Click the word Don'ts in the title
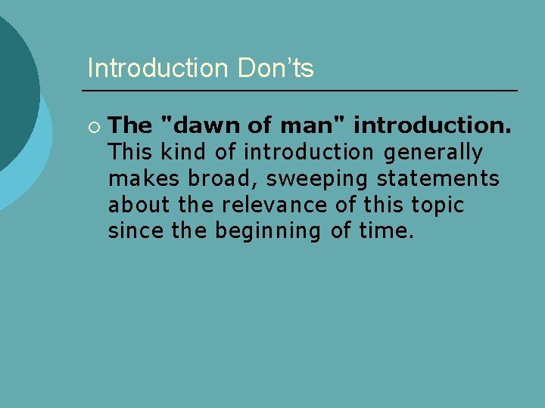click(276, 69)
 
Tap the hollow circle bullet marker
click(94, 125)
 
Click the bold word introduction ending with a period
click(432, 125)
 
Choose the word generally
click(433, 152)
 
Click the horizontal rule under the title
click(302, 91)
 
